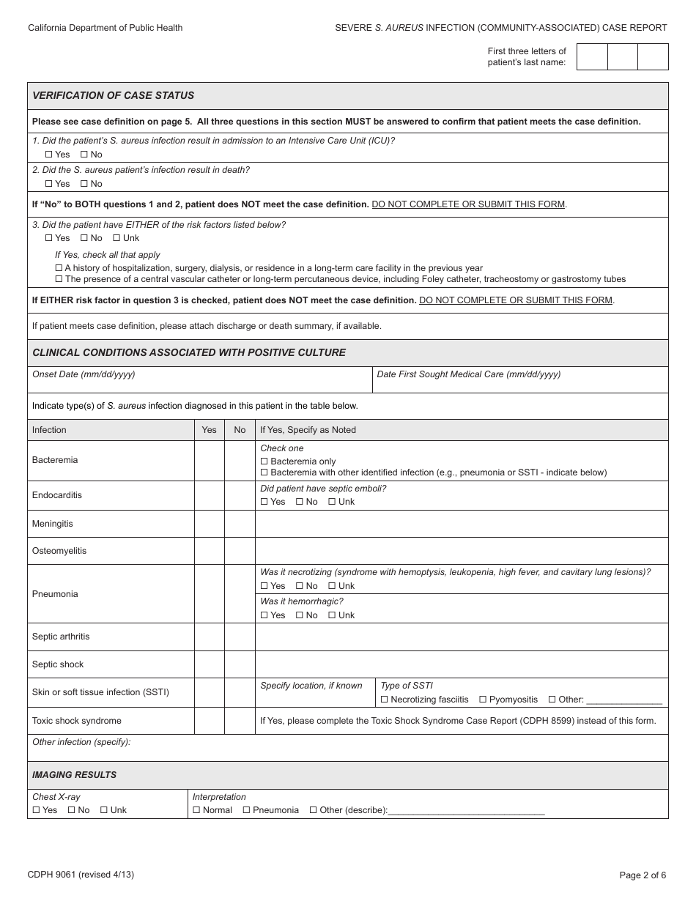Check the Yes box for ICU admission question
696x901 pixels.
coord(49,155)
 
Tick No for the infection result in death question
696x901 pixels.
coord(84,184)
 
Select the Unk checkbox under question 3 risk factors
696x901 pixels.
coord(116,238)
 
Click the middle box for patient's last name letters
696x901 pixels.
coord(623,57)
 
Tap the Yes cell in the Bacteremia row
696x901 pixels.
coord(210,461)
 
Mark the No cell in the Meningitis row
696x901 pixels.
coord(240,524)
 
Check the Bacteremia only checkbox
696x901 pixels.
coord(264,461)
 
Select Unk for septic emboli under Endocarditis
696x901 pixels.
coord(332,502)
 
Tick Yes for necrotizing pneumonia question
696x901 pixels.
coord(264,586)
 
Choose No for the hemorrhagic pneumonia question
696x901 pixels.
coord(300,615)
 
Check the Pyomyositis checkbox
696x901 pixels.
coord(483,700)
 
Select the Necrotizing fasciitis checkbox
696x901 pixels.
coord(385,700)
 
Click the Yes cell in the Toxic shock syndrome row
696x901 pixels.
coord(210,721)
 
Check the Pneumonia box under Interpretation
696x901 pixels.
coord(247,810)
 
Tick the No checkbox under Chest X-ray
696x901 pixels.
coord(72,810)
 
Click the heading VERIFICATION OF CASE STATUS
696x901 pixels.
coord(114,96)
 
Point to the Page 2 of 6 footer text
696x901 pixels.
coord(643,875)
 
